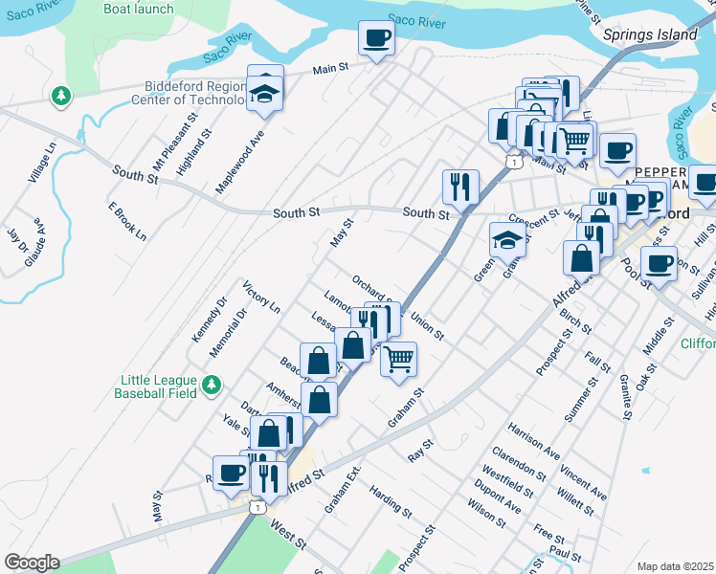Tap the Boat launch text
pos(139,9)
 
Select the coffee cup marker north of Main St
pos(375,40)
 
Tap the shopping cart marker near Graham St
pos(398,361)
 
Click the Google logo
pos(32,563)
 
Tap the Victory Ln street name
pos(261,298)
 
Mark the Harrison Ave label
pos(534,438)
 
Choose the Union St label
pos(427,325)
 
